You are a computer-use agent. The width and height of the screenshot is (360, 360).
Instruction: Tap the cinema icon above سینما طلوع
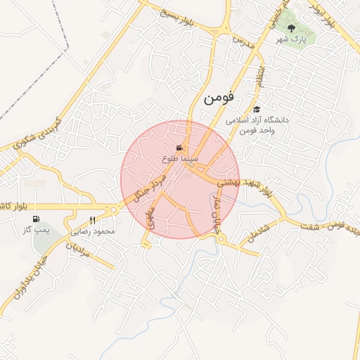[x=181, y=148]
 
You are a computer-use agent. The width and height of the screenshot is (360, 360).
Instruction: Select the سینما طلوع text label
[x=181, y=160]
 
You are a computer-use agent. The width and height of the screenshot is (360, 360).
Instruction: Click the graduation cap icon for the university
[x=257, y=110]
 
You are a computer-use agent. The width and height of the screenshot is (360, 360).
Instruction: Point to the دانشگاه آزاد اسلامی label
[x=257, y=120]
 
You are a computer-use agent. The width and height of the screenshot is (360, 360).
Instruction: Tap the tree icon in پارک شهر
[x=292, y=28]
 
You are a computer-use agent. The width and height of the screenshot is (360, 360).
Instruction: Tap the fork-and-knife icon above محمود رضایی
[x=93, y=221]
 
